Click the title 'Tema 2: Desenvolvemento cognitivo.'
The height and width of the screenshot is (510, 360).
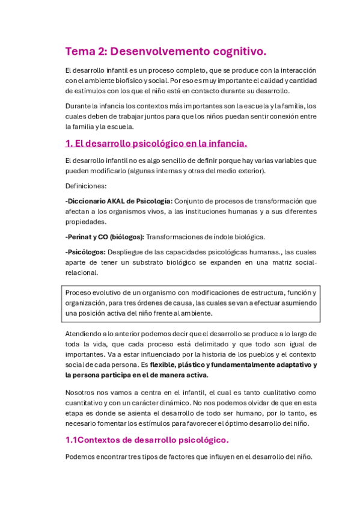pos(165,52)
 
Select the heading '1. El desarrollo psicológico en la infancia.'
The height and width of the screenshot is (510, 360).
pos(156,144)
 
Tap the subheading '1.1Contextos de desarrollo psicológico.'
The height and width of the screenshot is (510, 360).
pos(147,440)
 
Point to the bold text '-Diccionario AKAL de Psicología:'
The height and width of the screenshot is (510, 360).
pos(119,201)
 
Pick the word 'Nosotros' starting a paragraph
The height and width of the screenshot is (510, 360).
pos(81,392)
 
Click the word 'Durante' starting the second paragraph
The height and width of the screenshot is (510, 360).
pos(78,106)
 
